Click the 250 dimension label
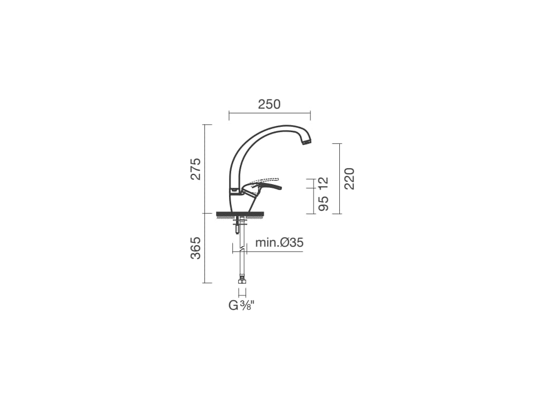click(269, 104)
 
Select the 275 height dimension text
click(196, 169)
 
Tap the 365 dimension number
click(196, 248)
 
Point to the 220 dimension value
click(349, 179)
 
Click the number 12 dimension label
click(324, 184)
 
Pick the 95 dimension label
click(324, 203)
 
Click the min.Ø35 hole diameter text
click(279, 242)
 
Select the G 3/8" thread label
click(241, 306)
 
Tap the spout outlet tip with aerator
click(307, 141)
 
